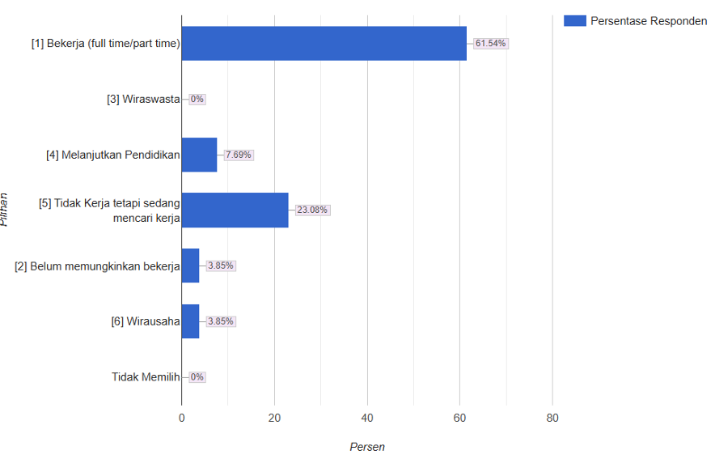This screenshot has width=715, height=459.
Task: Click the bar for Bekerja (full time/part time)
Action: pos(324,44)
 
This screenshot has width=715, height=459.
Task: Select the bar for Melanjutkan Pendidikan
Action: pos(199,155)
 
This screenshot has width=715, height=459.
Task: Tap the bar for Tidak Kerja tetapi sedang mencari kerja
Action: pos(235,210)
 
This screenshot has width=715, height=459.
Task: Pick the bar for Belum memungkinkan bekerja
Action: pos(190,266)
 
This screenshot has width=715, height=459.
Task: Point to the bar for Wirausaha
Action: pos(190,321)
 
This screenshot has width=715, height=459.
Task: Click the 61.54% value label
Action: pos(491,44)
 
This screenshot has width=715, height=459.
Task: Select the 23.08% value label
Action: pos(312,210)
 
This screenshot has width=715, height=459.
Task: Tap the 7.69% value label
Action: pos(239,155)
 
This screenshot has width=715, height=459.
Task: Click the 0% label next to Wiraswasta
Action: pos(197,100)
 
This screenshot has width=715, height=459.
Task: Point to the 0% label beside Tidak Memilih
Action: pos(197,377)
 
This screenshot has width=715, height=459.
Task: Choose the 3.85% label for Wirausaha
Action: pos(220,321)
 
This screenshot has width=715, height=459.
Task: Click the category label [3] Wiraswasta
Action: pos(143,100)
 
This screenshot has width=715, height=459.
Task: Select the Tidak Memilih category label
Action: pos(146,377)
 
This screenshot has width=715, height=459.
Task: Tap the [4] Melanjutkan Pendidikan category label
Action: pos(112,155)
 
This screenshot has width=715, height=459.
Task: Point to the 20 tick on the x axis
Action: pos(274,419)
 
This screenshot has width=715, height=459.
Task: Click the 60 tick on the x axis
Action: pos(459,419)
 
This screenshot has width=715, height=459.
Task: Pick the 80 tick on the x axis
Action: pos(552,419)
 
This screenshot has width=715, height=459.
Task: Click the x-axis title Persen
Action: pos(367,447)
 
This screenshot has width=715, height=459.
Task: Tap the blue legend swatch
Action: pos(574,21)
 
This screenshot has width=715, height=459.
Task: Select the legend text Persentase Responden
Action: pos(649,21)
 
